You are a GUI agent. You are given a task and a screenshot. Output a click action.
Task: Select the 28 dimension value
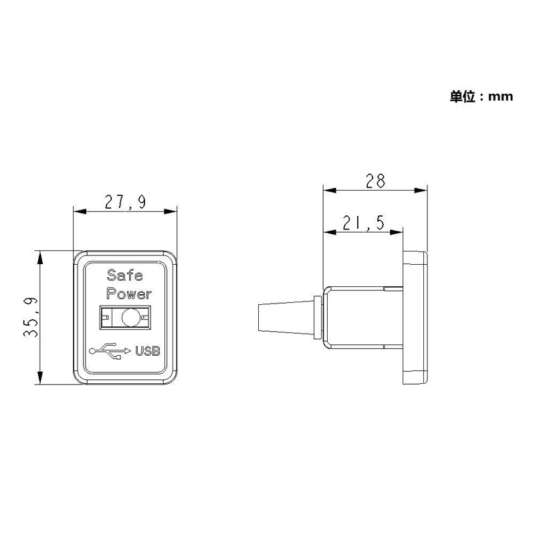375,181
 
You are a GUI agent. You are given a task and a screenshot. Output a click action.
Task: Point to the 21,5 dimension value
363,223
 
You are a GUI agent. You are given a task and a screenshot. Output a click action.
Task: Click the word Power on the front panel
129,294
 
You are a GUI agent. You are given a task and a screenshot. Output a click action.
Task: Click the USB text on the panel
148,351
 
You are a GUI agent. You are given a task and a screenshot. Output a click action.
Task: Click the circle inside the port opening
130,318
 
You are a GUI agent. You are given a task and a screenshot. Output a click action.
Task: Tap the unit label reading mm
500,97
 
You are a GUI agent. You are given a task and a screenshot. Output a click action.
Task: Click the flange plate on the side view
415,318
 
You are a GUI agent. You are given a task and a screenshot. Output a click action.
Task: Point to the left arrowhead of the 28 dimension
328,190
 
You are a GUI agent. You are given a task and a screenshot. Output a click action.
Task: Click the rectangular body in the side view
361,318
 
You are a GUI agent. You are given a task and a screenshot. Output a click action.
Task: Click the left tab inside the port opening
104,318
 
